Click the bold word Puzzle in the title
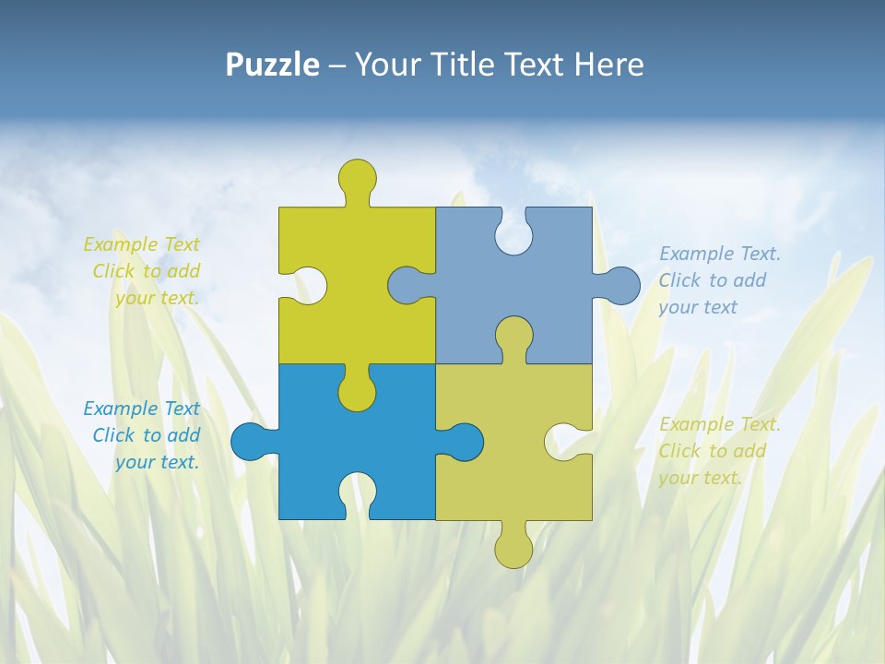click(x=272, y=65)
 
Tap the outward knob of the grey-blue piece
click(x=620, y=285)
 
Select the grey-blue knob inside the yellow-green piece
click(x=407, y=285)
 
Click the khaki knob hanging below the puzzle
click(x=513, y=549)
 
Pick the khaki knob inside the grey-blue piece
click(x=513, y=336)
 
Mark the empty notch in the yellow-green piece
click(x=308, y=285)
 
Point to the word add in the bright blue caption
click(x=183, y=435)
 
